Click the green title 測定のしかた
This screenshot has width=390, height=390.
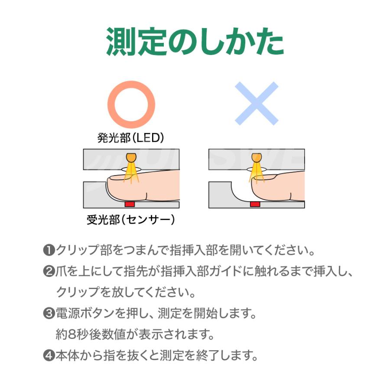[195, 42]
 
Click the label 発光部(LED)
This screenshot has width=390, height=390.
[131, 138]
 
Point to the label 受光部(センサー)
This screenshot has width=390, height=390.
[131, 220]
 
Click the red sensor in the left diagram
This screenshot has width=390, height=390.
[130, 204]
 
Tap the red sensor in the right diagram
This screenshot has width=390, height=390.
[255, 204]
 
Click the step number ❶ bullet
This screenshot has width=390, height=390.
[49, 250]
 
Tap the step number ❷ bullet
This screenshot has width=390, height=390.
[49, 272]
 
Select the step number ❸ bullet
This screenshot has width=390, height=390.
[49, 313]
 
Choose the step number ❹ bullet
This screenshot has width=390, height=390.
[49, 356]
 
